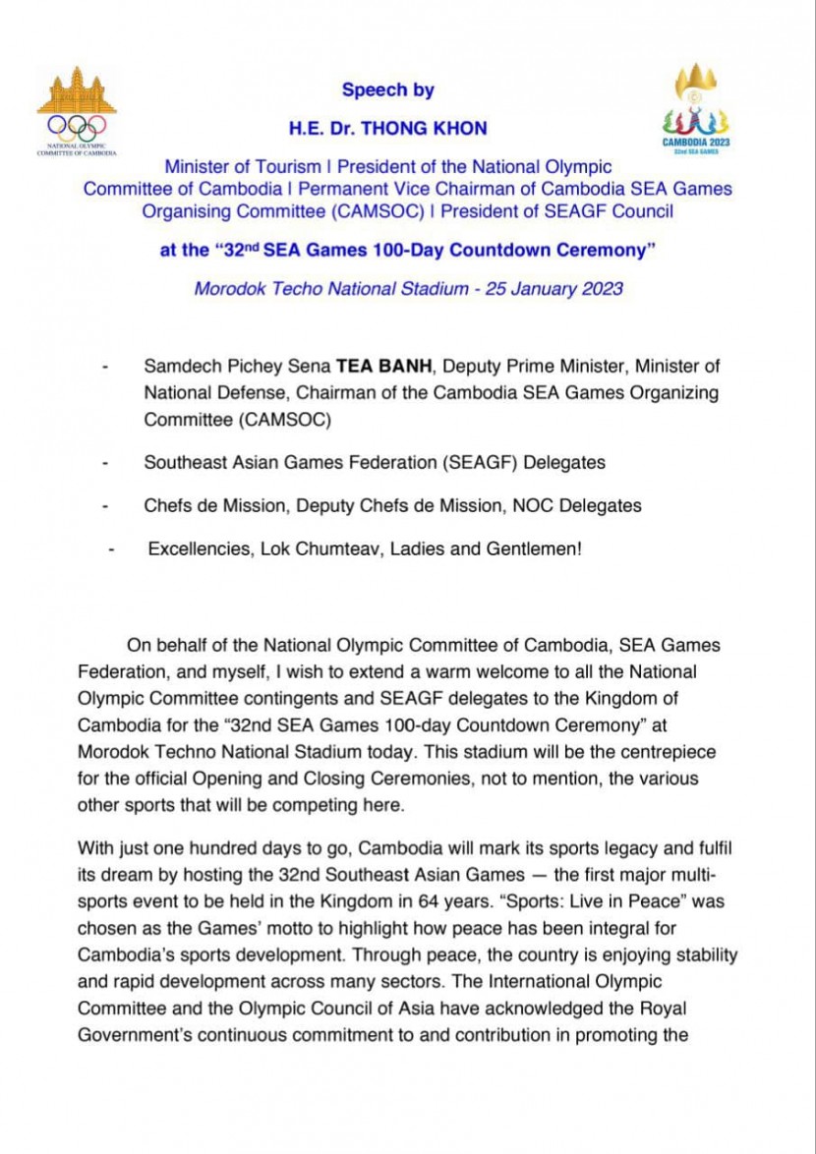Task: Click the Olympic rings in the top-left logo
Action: pos(77,126)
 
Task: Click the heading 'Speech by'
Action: pos(388,90)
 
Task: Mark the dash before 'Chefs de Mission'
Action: pos(104,506)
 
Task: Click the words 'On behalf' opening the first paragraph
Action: pos(162,646)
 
